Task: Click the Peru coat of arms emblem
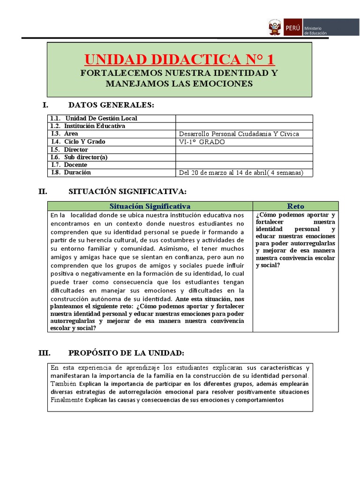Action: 274,27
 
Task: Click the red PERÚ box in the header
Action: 292,27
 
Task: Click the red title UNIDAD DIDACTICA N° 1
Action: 179,60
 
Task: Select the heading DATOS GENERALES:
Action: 111,105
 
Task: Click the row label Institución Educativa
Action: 95,126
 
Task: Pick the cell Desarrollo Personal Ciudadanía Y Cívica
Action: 239,134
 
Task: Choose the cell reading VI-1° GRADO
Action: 202,142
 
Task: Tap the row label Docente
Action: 75,165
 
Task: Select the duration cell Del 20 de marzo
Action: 241,172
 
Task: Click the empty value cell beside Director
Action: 244,150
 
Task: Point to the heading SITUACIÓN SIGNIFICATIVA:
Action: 127,191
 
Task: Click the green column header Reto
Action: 295,206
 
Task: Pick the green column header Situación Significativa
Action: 150,206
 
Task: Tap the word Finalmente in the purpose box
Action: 67,400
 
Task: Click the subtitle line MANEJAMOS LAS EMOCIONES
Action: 179,83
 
